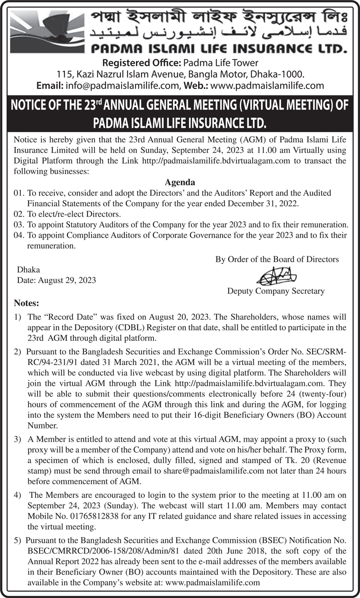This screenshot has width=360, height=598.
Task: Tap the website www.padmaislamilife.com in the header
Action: pos(267,85)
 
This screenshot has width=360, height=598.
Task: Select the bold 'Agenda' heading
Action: pos(180,183)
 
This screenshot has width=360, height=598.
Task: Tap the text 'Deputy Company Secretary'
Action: pos(276,291)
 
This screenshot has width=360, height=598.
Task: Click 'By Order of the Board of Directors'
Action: pos(277,259)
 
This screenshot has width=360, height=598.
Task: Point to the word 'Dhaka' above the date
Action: pos(28,270)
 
